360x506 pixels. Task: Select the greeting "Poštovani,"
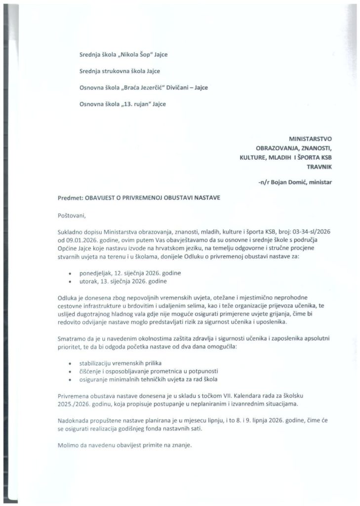[71, 215]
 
